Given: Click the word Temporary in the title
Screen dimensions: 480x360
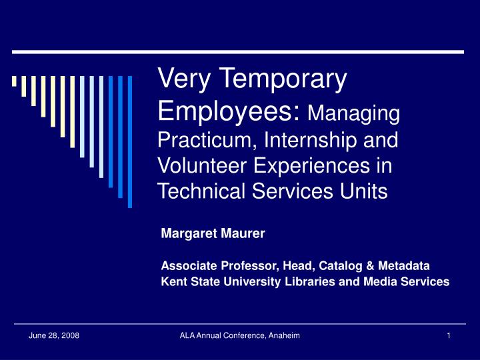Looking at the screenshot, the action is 283,79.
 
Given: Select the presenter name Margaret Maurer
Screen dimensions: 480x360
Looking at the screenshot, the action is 213,233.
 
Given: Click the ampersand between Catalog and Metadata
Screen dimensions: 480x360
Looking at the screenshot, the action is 370,266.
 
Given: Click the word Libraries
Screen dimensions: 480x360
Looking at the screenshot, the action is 310,281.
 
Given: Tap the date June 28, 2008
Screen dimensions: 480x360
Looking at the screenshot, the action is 54,336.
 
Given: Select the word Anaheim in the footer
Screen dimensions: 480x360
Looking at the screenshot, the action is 284,335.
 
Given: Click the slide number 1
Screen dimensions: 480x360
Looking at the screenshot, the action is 449,336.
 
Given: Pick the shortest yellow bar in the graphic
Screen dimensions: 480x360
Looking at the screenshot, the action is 14,81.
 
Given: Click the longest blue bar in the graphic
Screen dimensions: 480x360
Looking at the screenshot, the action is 130,142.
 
